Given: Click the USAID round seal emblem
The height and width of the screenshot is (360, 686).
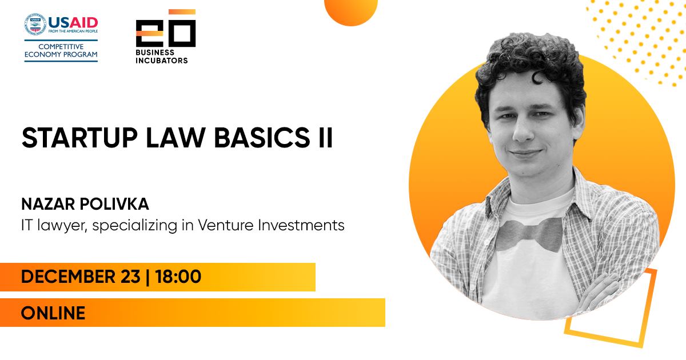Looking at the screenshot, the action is pos(35,24).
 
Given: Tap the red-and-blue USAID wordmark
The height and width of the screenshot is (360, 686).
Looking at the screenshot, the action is pos(73,22).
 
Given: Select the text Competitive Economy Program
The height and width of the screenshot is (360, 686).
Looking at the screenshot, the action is pos(61,50).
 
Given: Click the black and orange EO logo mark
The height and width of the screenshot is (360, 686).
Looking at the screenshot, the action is pos(166,28).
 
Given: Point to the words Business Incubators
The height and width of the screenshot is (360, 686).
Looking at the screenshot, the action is pos(162,57).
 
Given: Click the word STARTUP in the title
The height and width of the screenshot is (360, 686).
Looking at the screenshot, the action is pos(79,138).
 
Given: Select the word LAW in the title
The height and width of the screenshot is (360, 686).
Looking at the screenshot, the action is pos(176,138).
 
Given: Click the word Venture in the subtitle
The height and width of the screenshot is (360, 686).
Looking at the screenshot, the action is pos(226,225).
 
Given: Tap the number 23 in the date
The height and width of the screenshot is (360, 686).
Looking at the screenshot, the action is pos(130,277).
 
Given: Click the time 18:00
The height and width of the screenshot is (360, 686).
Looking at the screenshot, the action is pos(178,277).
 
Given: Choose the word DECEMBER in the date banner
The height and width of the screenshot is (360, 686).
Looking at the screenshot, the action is pos(68,277).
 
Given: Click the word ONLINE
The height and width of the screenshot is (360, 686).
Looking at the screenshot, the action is pos(53,313).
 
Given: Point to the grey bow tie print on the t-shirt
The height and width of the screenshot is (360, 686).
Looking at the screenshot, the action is pos(529,234).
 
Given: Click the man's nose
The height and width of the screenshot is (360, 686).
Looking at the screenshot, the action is pos(523,131).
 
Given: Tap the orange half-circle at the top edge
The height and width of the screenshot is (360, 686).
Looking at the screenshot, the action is pos(351,11).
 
